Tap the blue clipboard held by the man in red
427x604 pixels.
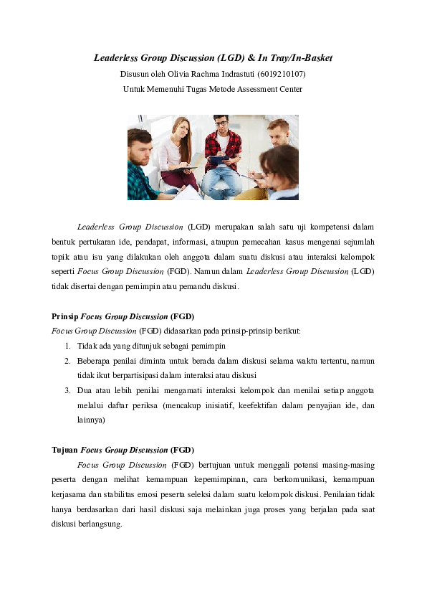218,160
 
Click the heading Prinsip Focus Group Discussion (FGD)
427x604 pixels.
123,316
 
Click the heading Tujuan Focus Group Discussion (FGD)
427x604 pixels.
123,450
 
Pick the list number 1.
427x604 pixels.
67,346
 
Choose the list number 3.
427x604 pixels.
67,390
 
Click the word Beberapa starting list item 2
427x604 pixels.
96,361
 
